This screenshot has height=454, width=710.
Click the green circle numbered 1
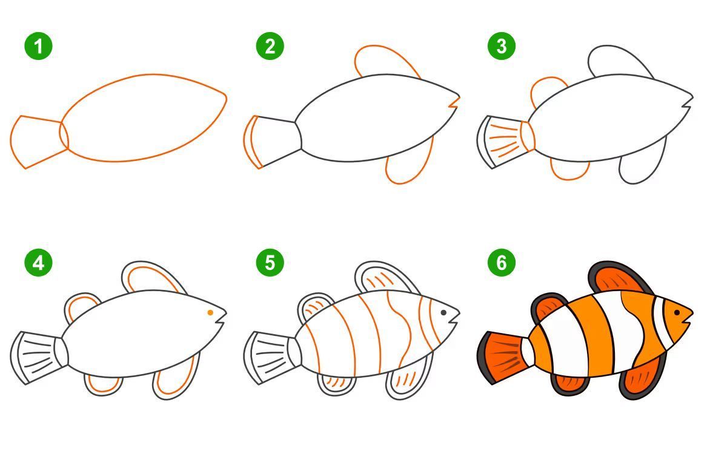[x=39, y=46]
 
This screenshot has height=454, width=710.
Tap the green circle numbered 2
[x=270, y=46]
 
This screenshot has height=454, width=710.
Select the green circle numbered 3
[x=501, y=46]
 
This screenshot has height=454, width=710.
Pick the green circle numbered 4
[x=39, y=263]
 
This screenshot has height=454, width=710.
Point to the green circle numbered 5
[x=270, y=263]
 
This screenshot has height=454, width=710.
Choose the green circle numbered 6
[x=501, y=263]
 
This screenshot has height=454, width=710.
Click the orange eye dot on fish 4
[x=210, y=312]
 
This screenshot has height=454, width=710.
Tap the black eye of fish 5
[x=443, y=312]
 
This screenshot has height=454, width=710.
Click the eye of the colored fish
[x=677, y=312]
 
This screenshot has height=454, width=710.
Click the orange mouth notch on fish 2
[x=454, y=103]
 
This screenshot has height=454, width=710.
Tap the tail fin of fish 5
[x=270, y=358]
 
